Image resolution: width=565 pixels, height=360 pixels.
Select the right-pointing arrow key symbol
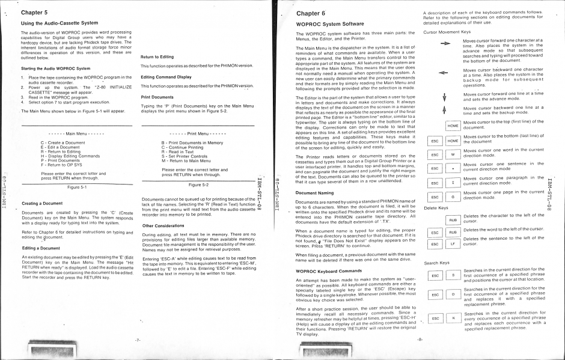coord(445,44)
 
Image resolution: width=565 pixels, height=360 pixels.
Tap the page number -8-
coord(419,340)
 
